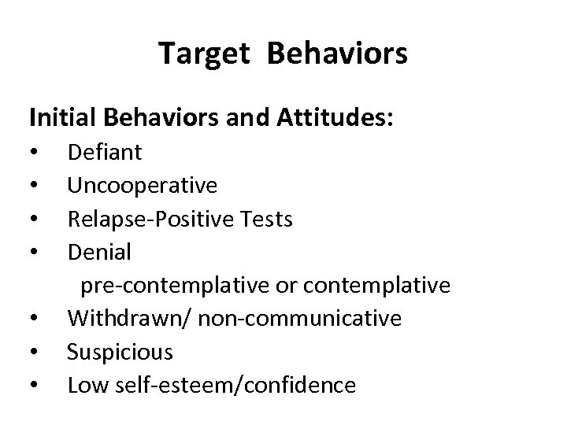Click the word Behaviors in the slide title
337,54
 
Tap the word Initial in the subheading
61,119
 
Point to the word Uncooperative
142,186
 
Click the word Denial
99,252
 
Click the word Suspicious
120,352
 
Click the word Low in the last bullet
85,385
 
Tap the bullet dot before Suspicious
34,353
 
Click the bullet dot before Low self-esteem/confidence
34,386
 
